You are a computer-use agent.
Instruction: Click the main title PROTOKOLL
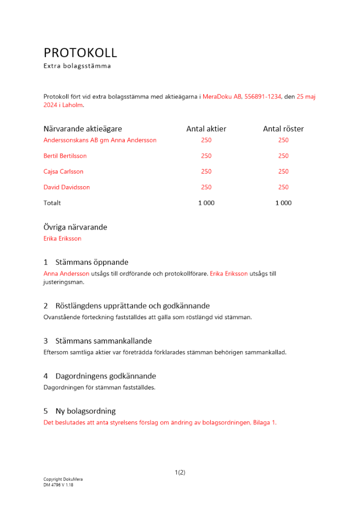(x=80, y=53)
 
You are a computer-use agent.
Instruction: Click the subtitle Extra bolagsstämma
(x=77, y=66)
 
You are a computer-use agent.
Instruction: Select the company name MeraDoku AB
(x=222, y=96)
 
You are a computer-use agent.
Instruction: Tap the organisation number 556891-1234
(x=263, y=96)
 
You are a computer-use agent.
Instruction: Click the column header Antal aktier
(x=206, y=129)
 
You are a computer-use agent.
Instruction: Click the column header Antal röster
(x=283, y=129)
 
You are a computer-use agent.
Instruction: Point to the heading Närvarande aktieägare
(x=82, y=129)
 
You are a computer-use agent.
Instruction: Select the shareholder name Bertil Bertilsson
(x=65, y=156)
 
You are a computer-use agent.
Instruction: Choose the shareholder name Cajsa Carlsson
(x=64, y=172)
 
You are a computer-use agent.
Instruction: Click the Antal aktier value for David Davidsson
(x=206, y=187)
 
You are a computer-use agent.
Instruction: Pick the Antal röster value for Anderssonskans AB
(x=283, y=140)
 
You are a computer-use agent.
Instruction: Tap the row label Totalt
(x=52, y=203)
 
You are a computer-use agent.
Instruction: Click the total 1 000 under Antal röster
(x=283, y=203)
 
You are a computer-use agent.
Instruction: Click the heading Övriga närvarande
(x=75, y=228)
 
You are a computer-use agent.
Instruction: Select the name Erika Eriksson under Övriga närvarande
(x=62, y=239)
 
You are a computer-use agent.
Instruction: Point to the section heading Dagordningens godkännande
(x=105, y=377)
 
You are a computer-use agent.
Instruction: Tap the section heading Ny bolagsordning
(x=86, y=411)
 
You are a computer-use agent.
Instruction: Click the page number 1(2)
(x=180, y=472)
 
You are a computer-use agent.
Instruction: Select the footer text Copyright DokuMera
(x=63, y=479)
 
